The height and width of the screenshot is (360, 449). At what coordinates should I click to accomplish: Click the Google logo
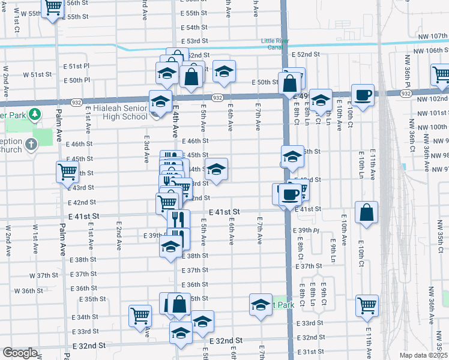point(20,353)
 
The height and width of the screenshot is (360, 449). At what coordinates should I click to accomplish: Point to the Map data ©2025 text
point(423,355)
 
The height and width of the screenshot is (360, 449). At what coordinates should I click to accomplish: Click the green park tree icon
point(35,113)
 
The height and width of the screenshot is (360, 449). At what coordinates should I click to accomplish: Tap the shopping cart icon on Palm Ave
point(67,172)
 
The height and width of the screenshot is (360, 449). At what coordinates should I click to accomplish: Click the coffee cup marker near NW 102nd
point(363,95)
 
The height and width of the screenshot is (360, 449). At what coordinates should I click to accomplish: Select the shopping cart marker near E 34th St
point(140,314)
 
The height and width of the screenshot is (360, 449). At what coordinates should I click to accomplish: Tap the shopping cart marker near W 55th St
point(53,7)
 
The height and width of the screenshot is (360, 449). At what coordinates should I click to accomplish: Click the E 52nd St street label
point(306,55)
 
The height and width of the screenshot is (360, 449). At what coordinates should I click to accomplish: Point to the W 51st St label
point(37,75)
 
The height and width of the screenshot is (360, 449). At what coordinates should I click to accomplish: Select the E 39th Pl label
point(306,231)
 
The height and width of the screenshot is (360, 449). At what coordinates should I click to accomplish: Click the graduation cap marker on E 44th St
point(217,169)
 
